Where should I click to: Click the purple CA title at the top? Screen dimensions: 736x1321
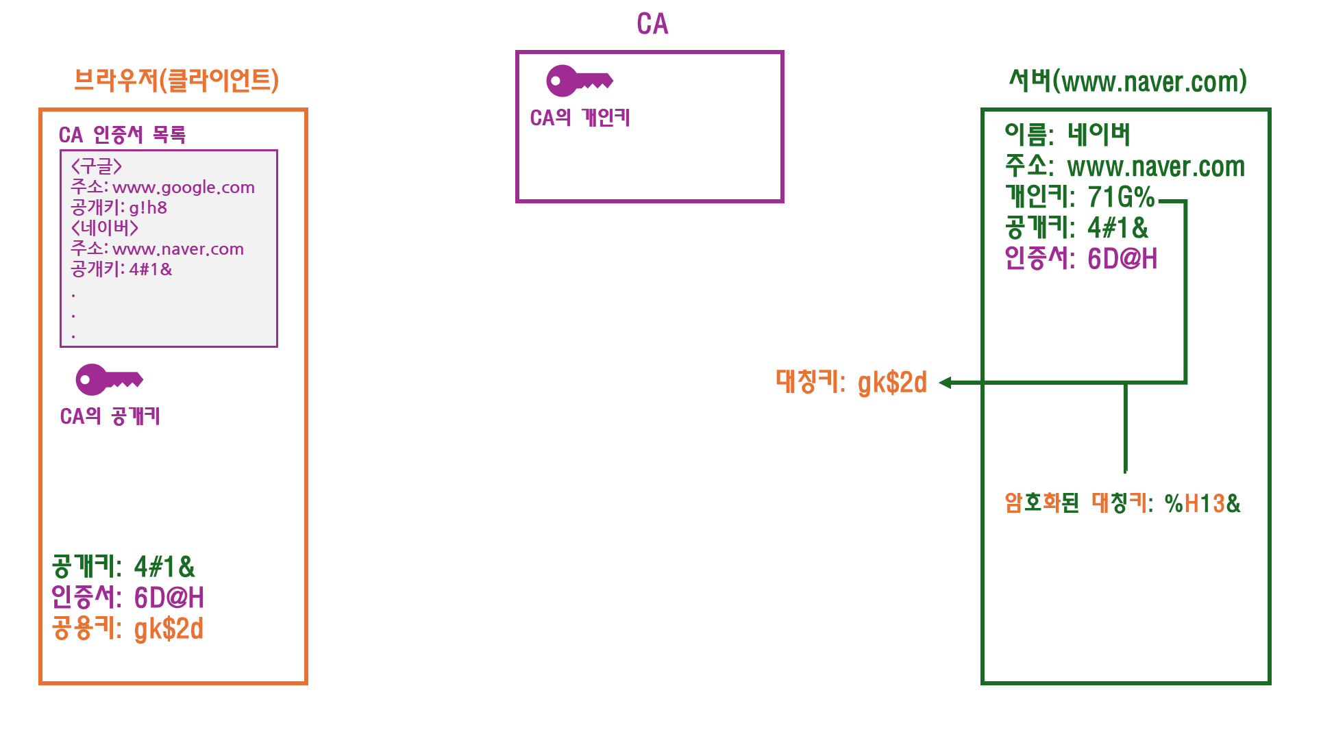pos(652,24)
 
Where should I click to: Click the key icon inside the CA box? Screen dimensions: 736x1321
pos(579,81)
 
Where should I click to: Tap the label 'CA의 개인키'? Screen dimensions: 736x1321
pos(580,118)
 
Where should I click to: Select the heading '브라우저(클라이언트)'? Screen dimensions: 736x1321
pos(176,80)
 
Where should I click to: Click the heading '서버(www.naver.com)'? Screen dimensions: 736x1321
pos(1127,81)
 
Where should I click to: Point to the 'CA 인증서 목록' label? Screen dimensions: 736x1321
pos(122,134)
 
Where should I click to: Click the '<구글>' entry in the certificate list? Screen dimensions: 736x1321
pos(97,166)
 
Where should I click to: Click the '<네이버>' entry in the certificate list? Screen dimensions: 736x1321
pos(104,228)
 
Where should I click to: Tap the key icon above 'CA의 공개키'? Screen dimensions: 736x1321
pos(109,379)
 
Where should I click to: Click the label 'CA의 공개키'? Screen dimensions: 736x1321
pos(110,416)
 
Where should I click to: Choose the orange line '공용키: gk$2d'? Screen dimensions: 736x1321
pos(127,629)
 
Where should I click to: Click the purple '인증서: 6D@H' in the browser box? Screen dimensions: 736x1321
pos(127,598)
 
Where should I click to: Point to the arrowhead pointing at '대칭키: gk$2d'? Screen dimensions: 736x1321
pos(945,383)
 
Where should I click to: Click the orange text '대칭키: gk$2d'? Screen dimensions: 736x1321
pos(851,382)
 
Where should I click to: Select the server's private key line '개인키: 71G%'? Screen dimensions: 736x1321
pos(1079,197)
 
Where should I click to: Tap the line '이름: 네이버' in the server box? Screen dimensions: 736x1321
pos(1067,135)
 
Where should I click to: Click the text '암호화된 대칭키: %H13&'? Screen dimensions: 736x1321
pos(1122,503)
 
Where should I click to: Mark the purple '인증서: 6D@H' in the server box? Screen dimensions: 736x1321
pos(1081,259)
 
